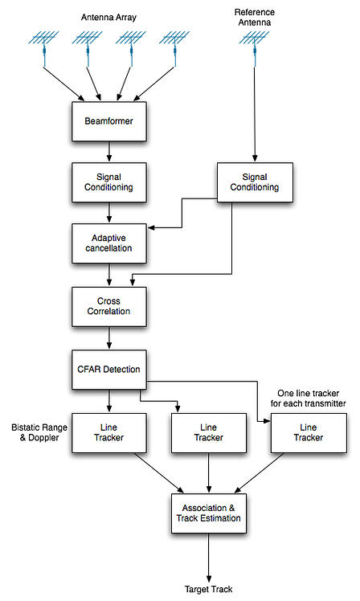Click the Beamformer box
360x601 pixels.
tap(108, 123)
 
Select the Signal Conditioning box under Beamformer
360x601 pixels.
tap(108, 182)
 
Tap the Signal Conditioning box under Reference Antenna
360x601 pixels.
tap(254, 182)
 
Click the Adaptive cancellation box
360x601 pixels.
tap(108, 243)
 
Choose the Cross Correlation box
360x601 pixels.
tap(108, 306)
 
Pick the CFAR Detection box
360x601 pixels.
tap(108, 369)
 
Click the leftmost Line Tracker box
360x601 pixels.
tap(108, 433)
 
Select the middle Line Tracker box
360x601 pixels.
tap(209, 433)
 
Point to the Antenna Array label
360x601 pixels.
tap(109, 17)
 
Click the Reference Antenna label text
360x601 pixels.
tap(254, 18)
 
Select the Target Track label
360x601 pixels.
tap(209, 589)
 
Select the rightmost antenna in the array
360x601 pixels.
tap(174, 44)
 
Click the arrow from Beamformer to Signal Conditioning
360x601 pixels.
tap(108, 153)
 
